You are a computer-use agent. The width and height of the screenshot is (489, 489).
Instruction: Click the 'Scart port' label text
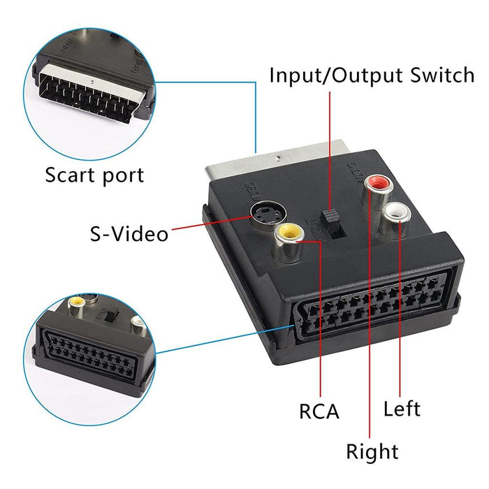click(x=94, y=175)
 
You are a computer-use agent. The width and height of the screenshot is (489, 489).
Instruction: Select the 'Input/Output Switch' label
click(x=372, y=75)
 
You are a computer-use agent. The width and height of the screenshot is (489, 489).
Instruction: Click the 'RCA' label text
click(x=319, y=412)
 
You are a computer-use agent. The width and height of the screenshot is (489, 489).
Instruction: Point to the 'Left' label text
click(x=402, y=408)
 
